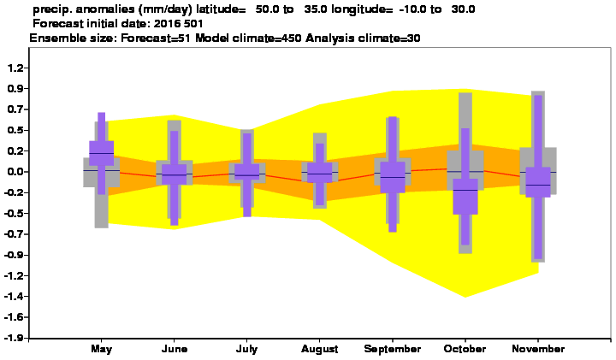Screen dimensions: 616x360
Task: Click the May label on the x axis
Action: [101, 349]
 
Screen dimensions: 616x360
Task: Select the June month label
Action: [175, 349]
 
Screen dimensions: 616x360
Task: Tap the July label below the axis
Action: [246, 349]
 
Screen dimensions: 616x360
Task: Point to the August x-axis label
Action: [320, 349]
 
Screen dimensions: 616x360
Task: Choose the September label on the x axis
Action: [393, 349]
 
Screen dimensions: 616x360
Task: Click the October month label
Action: [465, 349]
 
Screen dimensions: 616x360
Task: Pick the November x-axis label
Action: [538, 349]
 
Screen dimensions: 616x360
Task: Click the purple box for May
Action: [101, 153]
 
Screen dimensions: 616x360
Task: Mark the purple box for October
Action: [465, 197]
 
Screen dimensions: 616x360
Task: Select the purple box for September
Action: [393, 177]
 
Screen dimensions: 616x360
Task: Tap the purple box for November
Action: [538, 182]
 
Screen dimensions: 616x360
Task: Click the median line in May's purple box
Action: [101, 154]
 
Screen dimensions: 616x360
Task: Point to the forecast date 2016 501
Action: [178, 24]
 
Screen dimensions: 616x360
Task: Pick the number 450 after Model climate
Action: [293, 38]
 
